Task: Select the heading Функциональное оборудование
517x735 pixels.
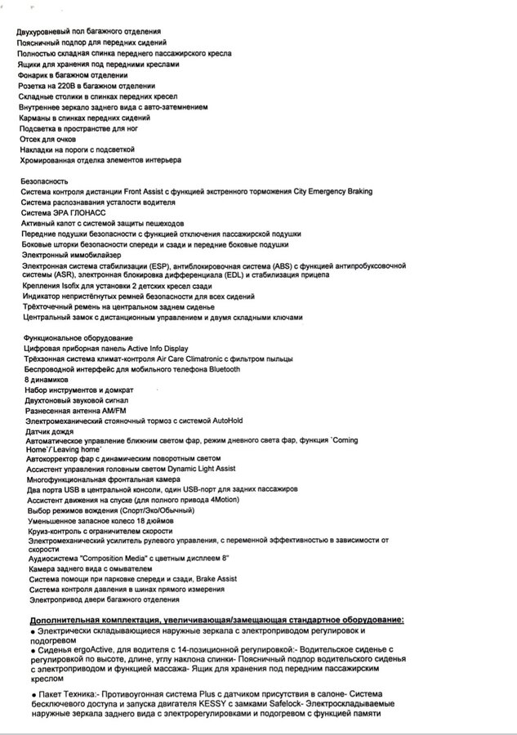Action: click(x=72, y=337)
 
